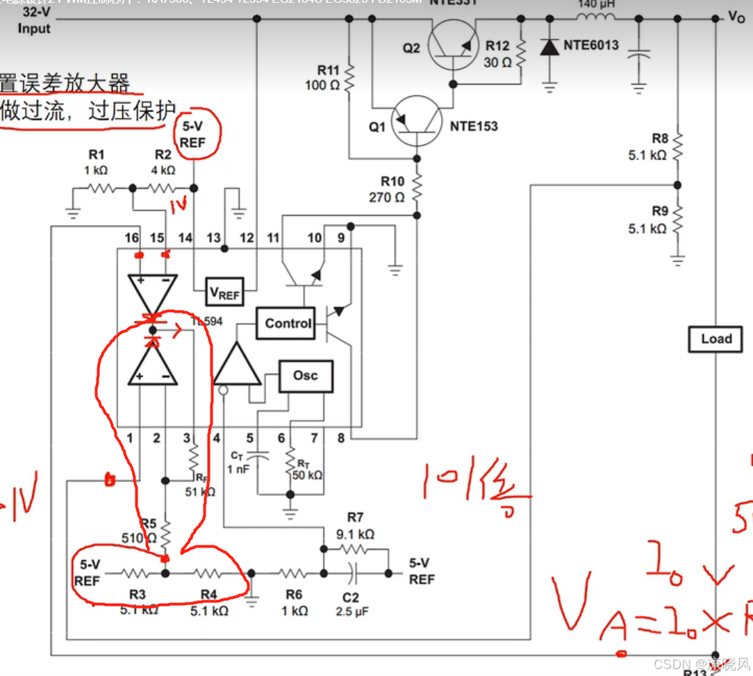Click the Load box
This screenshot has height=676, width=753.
(x=716, y=339)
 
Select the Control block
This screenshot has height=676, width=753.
(x=288, y=323)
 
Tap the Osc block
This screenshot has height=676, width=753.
(x=305, y=376)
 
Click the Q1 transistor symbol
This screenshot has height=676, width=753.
(x=416, y=120)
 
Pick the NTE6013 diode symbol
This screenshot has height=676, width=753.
(x=549, y=47)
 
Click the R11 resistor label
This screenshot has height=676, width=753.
(x=328, y=70)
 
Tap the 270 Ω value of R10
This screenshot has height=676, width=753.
(x=386, y=197)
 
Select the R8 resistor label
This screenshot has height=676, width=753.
(x=660, y=139)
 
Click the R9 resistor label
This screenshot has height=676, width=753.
(x=660, y=211)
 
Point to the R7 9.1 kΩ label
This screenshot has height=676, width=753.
(x=355, y=525)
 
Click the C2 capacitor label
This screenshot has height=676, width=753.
(x=351, y=597)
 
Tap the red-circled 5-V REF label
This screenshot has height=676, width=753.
(x=193, y=134)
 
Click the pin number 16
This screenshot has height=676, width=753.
(x=131, y=238)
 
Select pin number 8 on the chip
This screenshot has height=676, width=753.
(x=341, y=438)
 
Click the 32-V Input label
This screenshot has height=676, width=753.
(x=34, y=21)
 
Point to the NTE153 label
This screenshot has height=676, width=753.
(x=474, y=126)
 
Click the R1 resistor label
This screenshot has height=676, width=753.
(x=97, y=154)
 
